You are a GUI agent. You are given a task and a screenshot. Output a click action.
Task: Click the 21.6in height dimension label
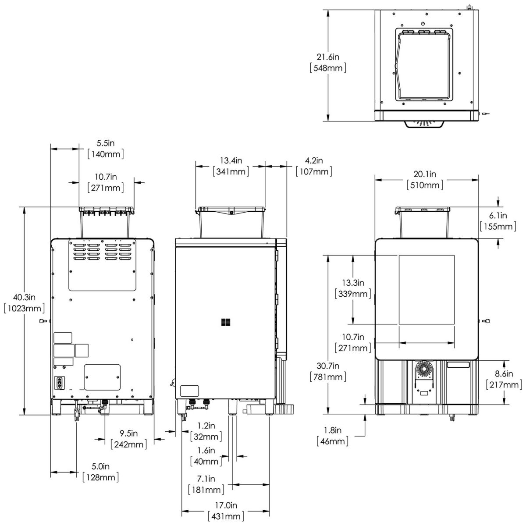pos(328,57)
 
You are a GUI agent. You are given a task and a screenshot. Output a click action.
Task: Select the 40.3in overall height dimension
pos(24,298)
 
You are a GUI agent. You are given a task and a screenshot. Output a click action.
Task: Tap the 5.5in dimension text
pos(106,143)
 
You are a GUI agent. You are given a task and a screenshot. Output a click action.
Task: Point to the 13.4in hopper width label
pos(231,160)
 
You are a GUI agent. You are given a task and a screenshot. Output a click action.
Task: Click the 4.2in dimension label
pos(313,160)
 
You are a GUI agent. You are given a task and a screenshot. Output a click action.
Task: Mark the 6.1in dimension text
pos(498,216)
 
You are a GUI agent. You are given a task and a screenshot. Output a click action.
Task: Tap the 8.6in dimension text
pos(504,374)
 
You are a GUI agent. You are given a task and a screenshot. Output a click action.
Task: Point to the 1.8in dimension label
pos(333,430)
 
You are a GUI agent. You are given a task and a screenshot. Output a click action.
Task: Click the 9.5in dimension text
pos(129,434)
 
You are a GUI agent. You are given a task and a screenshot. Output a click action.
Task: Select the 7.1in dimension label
pos(206,478)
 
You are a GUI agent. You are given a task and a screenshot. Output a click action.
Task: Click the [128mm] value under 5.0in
pos(101,477)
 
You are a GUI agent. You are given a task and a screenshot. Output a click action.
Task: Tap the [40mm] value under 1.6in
pos(206,461)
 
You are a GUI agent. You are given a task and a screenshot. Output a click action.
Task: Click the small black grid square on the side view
pos(226,323)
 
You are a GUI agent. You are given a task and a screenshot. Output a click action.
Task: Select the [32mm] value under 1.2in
pos(206,436)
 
